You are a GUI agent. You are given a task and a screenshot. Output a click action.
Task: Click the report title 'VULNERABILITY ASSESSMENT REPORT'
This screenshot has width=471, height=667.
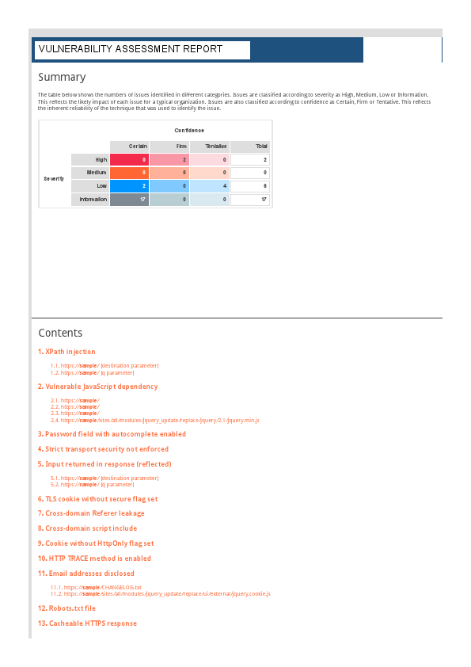[131, 49]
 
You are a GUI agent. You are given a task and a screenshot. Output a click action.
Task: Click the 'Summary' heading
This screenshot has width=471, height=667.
[62, 77]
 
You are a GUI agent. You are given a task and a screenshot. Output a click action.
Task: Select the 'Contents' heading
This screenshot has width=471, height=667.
[60, 333]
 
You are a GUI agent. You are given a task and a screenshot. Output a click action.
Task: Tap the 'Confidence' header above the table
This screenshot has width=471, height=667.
[189, 130]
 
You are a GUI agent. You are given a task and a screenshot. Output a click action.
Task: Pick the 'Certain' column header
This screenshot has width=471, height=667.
[129, 147]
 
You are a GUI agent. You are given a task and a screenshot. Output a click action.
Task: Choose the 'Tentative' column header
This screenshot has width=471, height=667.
[209, 147]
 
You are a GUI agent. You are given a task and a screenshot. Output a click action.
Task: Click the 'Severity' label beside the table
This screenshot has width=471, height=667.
[54, 179]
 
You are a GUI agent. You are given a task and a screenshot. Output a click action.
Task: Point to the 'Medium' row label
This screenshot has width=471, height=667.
[89, 173]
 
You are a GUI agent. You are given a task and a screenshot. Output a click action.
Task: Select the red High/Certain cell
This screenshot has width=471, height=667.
[129, 160]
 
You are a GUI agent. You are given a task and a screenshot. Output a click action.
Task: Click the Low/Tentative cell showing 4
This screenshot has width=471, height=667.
[209, 186]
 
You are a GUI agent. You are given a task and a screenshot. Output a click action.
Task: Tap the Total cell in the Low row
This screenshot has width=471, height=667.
[249, 186]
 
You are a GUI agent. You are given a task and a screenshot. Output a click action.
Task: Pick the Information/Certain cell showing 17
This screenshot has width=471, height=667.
[129, 200]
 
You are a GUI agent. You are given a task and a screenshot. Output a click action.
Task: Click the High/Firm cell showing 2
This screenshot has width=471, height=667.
[169, 160]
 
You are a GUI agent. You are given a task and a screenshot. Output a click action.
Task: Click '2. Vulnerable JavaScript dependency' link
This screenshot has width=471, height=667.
[97, 387]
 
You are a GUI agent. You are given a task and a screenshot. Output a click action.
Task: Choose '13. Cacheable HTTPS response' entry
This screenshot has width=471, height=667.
[87, 623]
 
